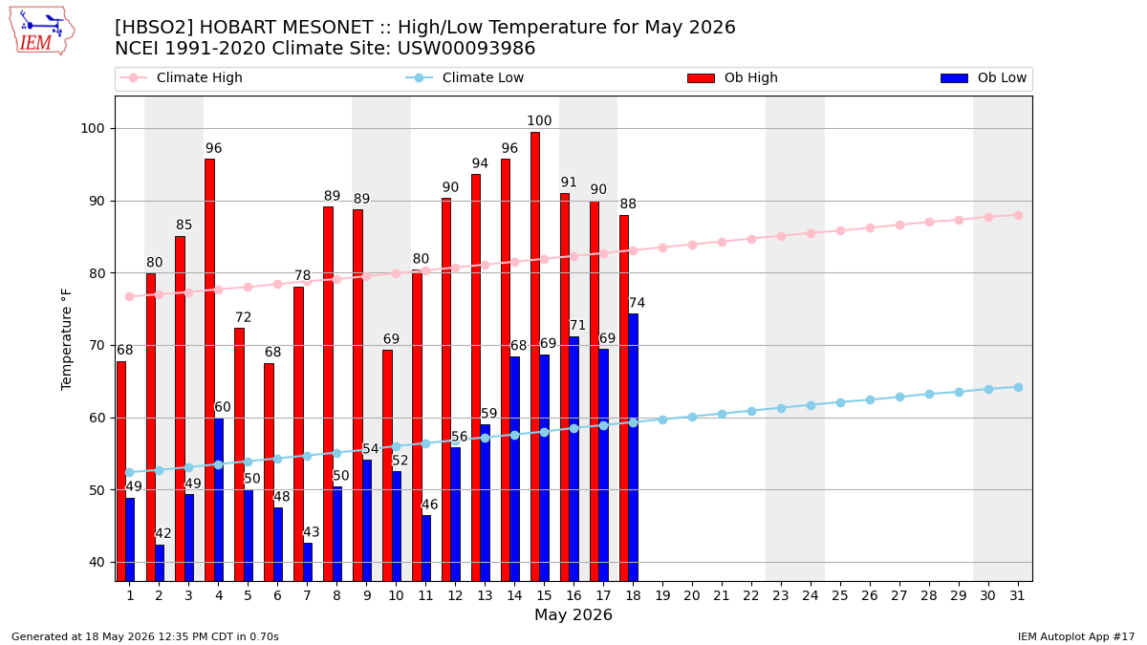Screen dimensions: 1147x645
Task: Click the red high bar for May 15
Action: tap(535, 356)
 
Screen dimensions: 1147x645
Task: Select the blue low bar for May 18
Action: tap(634, 447)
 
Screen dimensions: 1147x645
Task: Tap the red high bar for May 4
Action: tap(209, 370)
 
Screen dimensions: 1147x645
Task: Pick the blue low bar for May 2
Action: tap(160, 563)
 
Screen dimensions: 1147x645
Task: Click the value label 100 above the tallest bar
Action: tap(539, 120)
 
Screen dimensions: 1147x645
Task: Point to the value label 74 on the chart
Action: tap(637, 303)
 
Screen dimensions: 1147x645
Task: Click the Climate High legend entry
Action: tap(181, 77)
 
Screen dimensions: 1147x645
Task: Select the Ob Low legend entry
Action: tap(984, 77)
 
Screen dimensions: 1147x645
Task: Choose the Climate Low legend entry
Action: tap(465, 77)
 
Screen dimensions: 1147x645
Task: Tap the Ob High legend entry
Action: tap(732, 77)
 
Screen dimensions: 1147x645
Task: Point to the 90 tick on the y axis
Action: tap(97, 202)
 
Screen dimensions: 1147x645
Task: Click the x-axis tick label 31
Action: tap(1017, 596)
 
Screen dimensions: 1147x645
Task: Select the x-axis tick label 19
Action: tap(662, 596)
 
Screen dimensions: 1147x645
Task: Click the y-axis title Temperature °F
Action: tap(67, 339)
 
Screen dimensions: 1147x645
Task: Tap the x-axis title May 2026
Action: tap(573, 614)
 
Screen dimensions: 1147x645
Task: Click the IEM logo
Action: tap(41, 32)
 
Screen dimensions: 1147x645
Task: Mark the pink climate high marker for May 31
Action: tap(1018, 216)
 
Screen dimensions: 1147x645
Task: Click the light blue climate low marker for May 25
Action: tap(840, 403)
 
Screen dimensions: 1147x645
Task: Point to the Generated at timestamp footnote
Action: tap(145, 636)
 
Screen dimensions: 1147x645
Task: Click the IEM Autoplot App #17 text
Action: tap(1076, 636)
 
